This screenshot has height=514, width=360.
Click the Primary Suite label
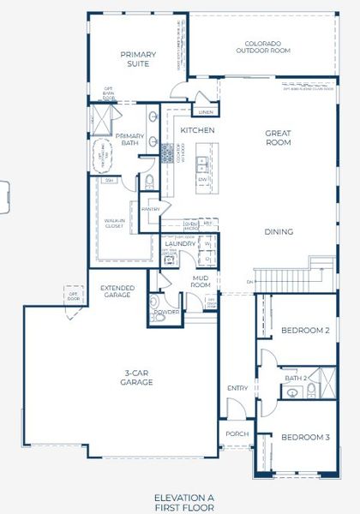pos(138,59)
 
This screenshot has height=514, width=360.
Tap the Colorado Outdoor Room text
pos(268,47)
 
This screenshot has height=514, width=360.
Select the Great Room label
pos(278,137)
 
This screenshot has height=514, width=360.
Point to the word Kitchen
pos(196,129)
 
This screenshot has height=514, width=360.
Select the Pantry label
pos(151,208)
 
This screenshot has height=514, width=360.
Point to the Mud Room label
pos(201,281)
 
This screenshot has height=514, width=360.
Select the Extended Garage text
pos(116,290)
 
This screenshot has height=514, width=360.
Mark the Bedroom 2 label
pos(304,330)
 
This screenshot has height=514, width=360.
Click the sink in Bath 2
pos(293,392)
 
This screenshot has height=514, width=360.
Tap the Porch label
pos(236,433)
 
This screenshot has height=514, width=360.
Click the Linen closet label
pos(206,111)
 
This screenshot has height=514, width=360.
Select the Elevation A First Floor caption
pos(183,501)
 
